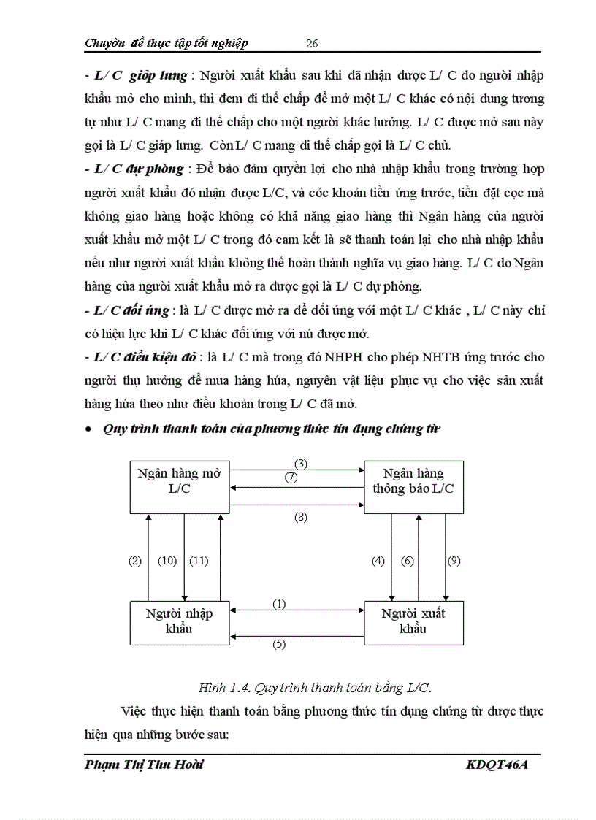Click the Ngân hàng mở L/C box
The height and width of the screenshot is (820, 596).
179,486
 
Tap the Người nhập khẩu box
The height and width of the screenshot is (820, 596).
179,622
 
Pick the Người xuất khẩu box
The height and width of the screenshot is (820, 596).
413,622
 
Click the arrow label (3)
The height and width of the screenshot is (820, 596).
301,463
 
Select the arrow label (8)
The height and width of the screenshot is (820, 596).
301,517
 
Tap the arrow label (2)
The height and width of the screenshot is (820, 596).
134,561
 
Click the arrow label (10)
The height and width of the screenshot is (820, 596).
168,561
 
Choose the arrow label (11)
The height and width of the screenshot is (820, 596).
199,561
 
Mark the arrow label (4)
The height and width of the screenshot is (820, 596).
378,561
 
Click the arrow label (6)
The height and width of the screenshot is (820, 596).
408,561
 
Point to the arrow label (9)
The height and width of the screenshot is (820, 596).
454,561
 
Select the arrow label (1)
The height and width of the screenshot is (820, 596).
280,604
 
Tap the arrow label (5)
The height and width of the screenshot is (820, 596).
280,644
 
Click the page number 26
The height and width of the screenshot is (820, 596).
311,43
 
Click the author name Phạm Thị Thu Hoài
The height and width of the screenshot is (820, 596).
144,765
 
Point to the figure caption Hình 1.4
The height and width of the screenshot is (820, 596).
314,687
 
